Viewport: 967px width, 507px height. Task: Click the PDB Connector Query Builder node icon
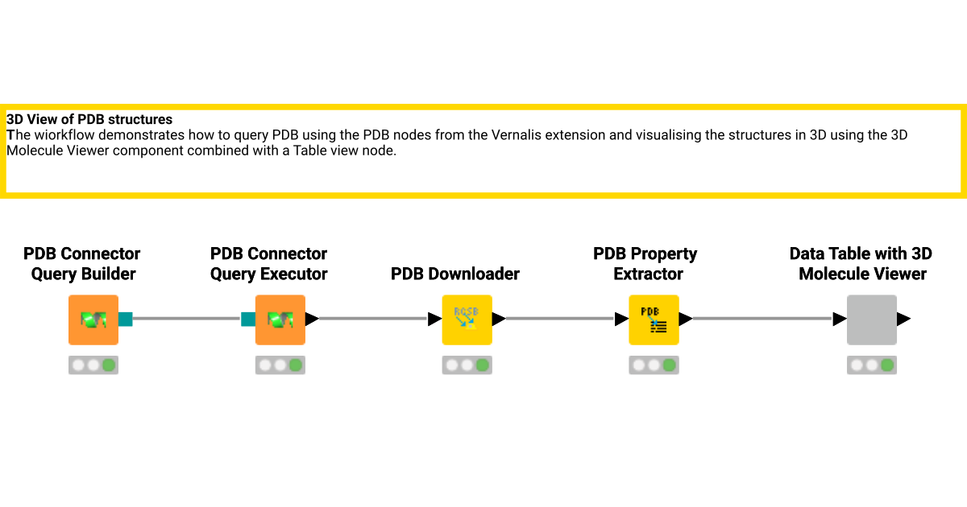click(93, 319)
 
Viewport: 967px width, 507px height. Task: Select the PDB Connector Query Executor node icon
click(280, 319)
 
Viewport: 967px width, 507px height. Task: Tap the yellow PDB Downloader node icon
click(467, 319)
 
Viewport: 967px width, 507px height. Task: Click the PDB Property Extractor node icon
click(654, 319)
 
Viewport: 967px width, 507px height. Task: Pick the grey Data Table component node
click(871, 319)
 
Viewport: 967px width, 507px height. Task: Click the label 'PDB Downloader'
click(454, 274)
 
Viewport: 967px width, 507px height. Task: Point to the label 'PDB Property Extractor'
click(645, 264)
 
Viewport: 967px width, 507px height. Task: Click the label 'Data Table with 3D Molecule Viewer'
click(861, 264)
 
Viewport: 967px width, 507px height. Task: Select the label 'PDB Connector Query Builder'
click(82, 264)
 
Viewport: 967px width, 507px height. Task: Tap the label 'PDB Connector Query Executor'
click(269, 264)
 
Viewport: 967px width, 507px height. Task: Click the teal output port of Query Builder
click(125, 319)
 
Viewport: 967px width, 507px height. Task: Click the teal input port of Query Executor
click(248, 319)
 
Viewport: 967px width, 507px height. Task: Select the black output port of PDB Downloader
click(499, 319)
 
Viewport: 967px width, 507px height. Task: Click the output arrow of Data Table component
click(903, 319)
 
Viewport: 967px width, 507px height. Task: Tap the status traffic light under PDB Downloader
click(467, 365)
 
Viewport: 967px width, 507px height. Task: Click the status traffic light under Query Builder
click(93, 365)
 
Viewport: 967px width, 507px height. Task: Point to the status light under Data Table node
click(871, 365)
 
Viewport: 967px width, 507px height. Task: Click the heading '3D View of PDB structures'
click(89, 120)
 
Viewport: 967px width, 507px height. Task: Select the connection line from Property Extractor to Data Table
click(762, 319)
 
